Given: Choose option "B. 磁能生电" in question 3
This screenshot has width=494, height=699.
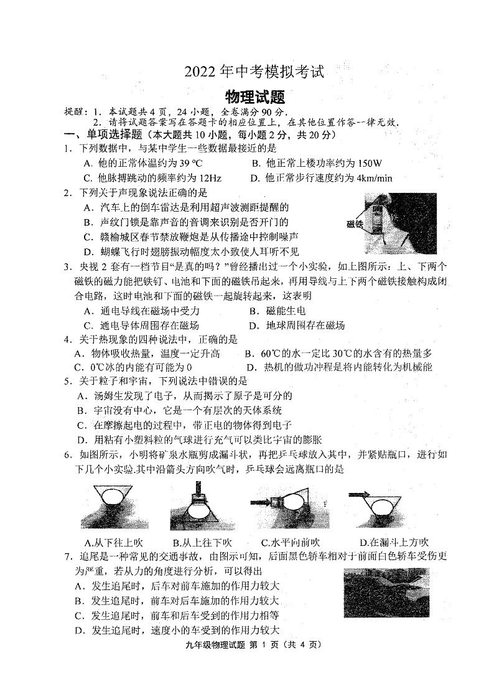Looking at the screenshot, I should (277, 311).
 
